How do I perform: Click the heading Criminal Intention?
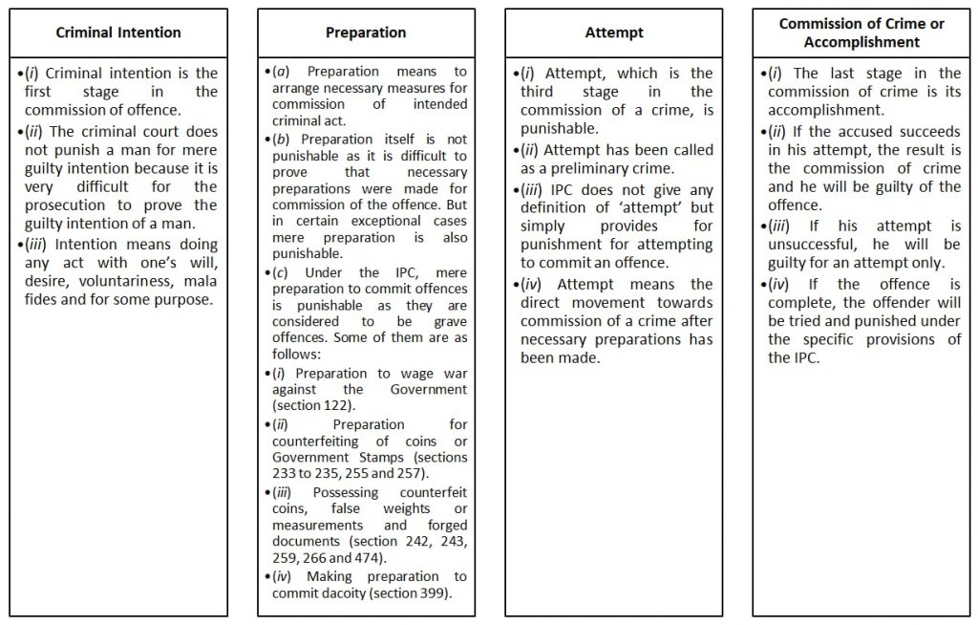pyautogui.click(x=118, y=32)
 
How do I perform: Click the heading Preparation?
pyautogui.click(x=366, y=32)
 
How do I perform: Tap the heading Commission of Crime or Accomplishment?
pyautogui.click(x=861, y=32)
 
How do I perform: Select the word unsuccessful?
pyautogui.click(x=811, y=245)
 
